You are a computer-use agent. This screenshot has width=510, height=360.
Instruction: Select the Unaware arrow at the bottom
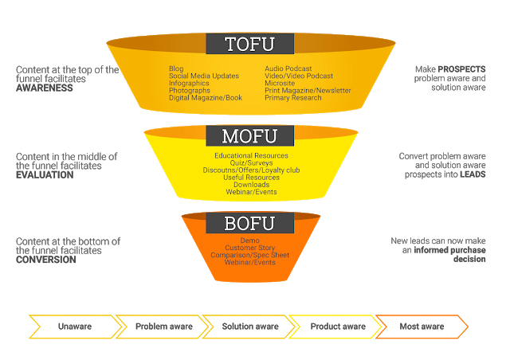tap(74, 327)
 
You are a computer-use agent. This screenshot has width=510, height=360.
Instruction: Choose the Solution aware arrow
tap(249, 327)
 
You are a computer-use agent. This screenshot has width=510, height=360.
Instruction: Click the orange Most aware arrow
tap(421, 327)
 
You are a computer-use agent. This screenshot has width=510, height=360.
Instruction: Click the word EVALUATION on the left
tap(45, 174)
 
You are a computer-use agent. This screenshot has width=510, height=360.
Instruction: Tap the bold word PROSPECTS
tap(461, 69)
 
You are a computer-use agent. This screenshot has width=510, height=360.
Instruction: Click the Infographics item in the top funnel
tap(188, 84)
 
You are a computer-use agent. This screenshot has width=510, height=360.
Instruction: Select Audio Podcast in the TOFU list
tap(288, 69)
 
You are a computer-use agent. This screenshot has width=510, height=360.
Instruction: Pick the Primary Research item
tap(293, 98)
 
